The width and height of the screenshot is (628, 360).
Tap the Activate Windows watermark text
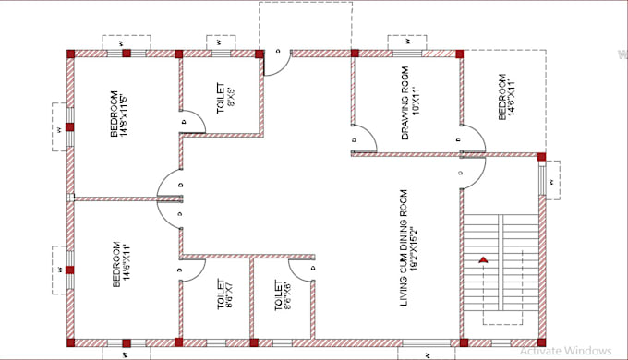point(564,350)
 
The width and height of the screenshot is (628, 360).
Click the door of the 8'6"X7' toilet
point(190,268)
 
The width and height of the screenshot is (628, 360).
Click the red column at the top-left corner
point(70,54)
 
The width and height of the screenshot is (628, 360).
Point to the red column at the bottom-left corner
point(70,342)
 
